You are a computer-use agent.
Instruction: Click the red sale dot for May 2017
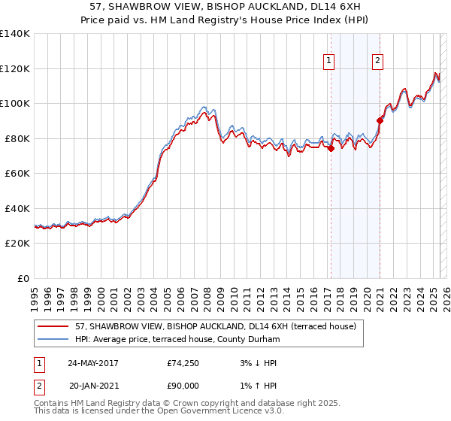pyautogui.click(x=331, y=148)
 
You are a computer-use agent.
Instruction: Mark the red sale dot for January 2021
pyautogui.click(x=380, y=120)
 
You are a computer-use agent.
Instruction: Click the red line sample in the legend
pyautogui.click(x=53, y=326)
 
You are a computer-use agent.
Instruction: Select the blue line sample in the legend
pyautogui.click(x=53, y=340)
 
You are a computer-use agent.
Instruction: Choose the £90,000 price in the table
pyautogui.click(x=183, y=386)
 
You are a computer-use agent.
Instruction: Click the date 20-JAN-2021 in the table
pyautogui.click(x=94, y=386)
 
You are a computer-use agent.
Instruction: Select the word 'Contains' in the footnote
pyautogui.click(x=52, y=404)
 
